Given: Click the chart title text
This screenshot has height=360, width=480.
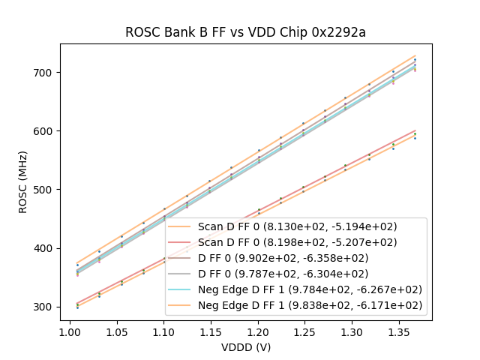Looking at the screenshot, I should click(245, 32).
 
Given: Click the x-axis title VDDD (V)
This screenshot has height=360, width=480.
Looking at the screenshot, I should click(245, 347).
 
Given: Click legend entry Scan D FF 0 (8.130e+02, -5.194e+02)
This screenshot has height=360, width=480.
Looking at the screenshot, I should click(297, 226).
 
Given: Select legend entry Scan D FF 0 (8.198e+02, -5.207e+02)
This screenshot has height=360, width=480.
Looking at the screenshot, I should click(297, 242).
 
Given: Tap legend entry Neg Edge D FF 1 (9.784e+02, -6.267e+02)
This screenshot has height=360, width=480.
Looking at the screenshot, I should click(310, 289).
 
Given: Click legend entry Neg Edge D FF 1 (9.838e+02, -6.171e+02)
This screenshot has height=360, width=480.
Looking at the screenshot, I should click(310, 305).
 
